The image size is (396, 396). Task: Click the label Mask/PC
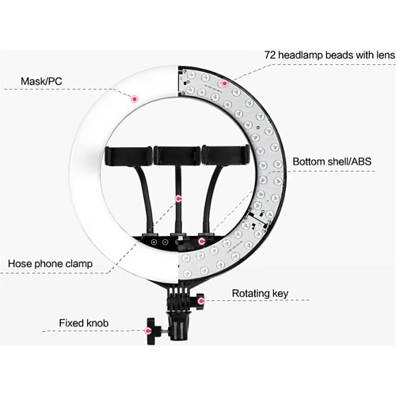(41, 81)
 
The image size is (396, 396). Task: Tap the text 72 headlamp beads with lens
(329, 55)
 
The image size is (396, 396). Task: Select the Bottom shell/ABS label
(332, 162)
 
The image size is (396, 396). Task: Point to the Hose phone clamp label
(50, 264)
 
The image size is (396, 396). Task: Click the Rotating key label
(260, 294)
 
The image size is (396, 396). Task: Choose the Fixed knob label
(84, 323)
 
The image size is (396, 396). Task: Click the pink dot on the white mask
(135, 99)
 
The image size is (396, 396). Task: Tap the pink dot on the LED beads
(224, 83)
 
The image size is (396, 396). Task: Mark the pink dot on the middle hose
(179, 199)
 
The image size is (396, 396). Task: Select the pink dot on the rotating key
(201, 300)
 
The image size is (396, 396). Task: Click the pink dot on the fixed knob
(149, 330)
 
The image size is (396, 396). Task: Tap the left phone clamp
(128, 156)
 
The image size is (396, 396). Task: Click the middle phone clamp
(177, 156)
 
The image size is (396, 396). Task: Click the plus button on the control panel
(154, 242)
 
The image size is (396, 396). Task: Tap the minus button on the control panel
(165, 242)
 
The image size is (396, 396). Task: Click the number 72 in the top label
(270, 55)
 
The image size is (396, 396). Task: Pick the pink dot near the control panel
(202, 241)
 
